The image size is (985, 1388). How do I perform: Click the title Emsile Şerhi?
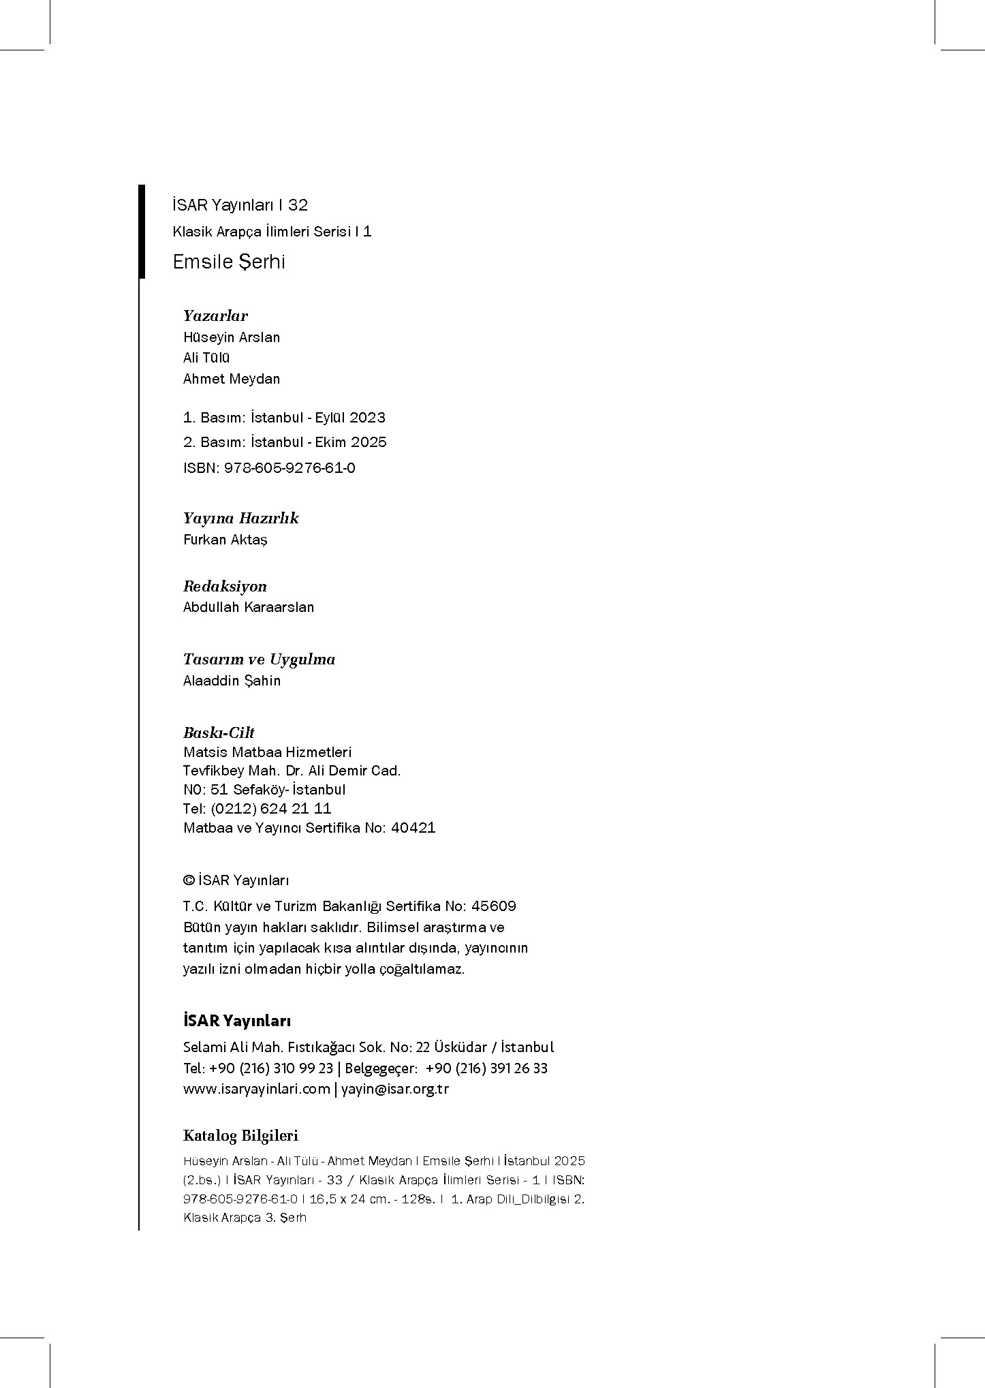[x=229, y=262]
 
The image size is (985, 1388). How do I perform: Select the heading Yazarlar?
[x=215, y=315]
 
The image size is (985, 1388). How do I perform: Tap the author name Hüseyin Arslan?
[x=232, y=337]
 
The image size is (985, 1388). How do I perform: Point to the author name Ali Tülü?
[x=206, y=358]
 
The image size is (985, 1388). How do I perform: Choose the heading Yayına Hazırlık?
[x=240, y=518]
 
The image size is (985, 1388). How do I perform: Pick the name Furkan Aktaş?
[x=225, y=540]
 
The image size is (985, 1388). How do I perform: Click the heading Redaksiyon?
[x=225, y=586]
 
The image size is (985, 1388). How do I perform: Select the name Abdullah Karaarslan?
[x=249, y=607]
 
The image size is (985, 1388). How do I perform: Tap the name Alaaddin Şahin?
[x=232, y=681]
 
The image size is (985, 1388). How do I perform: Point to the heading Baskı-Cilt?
[x=219, y=732]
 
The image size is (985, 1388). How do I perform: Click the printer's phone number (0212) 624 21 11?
[x=271, y=809]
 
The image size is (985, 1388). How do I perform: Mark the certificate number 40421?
[x=413, y=828]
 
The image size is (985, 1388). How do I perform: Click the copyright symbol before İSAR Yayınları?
[x=189, y=880]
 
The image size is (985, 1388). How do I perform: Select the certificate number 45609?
[x=494, y=906]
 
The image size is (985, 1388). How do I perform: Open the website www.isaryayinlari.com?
[x=256, y=1089]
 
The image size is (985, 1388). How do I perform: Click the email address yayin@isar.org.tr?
[x=394, y=1089]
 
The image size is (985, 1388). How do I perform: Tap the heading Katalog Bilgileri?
[x=240, y=1136]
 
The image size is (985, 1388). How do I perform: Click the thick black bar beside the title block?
[x=142, y=232]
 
